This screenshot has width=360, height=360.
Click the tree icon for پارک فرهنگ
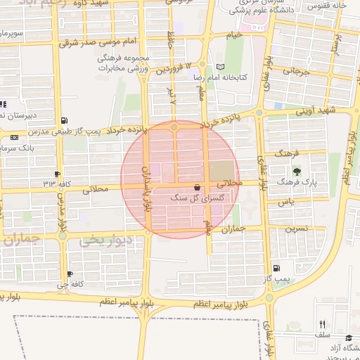295,171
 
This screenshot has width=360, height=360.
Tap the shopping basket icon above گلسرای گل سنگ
196,188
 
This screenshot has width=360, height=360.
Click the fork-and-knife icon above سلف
322,324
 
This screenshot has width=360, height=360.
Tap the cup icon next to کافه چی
70,274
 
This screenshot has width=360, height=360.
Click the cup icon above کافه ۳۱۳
57,174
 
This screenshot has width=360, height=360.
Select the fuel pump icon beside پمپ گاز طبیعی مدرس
65,120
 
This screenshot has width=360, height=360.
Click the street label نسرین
297,229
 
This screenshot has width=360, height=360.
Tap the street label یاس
285,202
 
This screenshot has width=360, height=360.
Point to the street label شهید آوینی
316,110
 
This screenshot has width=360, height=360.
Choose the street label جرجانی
296,71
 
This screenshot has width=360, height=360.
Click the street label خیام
233,34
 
